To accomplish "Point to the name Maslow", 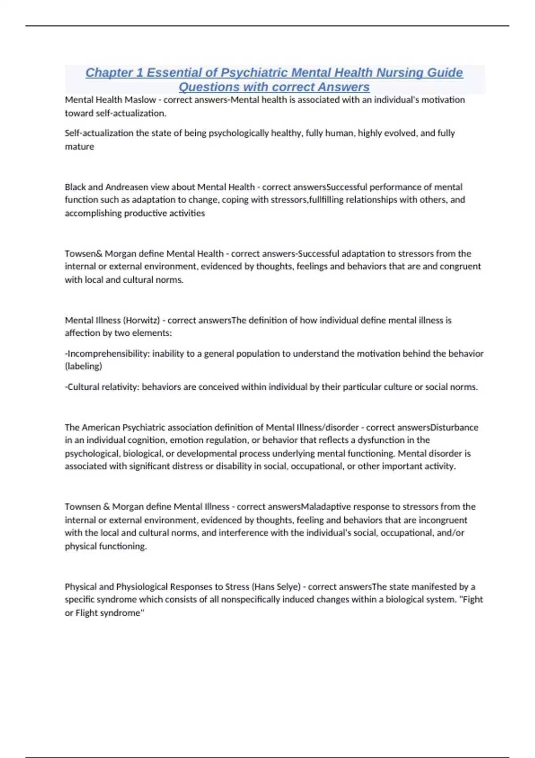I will point(141,100).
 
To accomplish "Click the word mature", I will point(79,147).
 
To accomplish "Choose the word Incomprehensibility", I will point(108,354).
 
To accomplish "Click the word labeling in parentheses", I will point(84,367).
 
